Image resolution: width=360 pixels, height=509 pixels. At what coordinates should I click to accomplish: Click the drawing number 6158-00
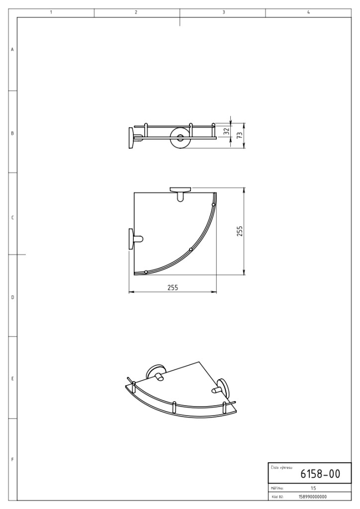click(320, 474)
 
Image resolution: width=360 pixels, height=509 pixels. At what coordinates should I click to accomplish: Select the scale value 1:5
click(313, 488)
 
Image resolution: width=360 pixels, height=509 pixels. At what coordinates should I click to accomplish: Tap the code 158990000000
click(313, 497)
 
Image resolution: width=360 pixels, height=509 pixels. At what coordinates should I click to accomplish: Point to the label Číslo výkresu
click(281, 467)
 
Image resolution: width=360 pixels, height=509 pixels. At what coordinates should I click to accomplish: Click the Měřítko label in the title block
click(277, 488)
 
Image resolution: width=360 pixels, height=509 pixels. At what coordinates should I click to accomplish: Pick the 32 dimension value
click(227, 131)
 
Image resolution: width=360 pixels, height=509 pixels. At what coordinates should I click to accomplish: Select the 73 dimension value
click(240, 135)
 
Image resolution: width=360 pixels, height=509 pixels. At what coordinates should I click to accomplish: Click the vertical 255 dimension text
click(240, 231)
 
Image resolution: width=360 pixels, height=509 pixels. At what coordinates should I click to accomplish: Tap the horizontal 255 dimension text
click(173, 287)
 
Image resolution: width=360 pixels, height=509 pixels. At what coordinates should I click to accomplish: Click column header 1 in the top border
click(51, 12)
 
